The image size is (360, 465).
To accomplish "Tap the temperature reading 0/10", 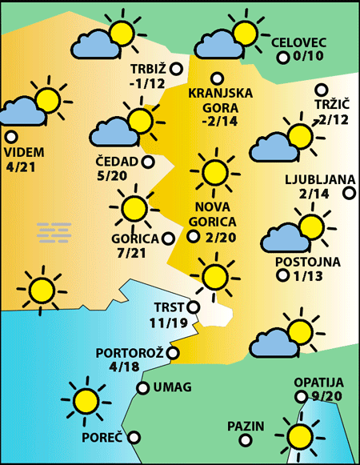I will click(x=308, y=57).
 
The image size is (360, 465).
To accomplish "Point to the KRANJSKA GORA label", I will click(x=220, y=99).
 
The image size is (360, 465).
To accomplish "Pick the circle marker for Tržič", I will click(x=323, y=90).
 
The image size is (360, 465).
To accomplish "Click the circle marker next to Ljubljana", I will click(x=349, y=193).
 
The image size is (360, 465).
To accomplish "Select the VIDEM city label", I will click(x=24, y=153).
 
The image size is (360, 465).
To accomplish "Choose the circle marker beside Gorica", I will click(x=168, y=238).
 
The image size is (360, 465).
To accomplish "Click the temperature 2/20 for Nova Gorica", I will click(x=220, y=237).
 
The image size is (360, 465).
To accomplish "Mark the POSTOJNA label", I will click(x=307, y=262).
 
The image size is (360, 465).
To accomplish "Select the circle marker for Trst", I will click(x=193, y=305).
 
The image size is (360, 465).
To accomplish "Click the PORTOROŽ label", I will click(x=130, y=353).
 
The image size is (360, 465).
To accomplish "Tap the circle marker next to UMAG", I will click(x=142, y=388).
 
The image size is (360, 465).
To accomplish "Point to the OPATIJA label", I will click(x=318, y=383).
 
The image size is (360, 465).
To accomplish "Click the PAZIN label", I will click(x=245, y=425).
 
